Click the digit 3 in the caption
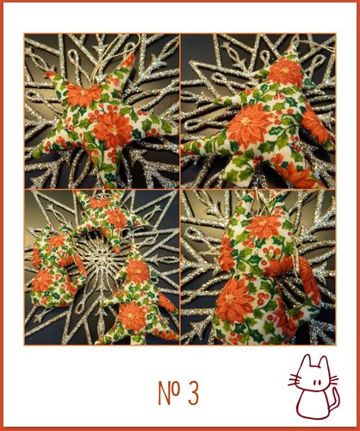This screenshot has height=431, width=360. (x=194, y=393)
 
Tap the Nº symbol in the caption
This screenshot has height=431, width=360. (x=170, y=392)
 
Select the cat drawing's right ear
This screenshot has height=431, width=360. (x=324, y=362)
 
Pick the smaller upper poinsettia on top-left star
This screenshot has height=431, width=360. (x=84, y=96)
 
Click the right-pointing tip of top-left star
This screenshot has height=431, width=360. (x=174, y=130)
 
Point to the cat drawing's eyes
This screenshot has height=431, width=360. (x=317, y=383)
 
